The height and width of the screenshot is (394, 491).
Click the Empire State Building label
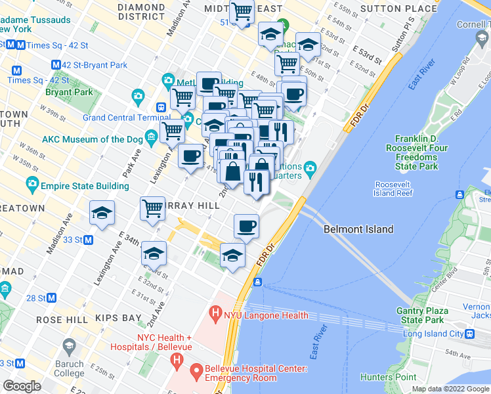(x=85, y=186)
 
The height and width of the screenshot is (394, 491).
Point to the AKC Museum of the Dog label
(x=92, y=139)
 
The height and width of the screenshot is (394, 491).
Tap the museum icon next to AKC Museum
(x=152, y=137)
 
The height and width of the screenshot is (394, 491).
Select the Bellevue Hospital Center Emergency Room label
(x=256, y=372)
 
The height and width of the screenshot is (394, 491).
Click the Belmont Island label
(x=358, y=229)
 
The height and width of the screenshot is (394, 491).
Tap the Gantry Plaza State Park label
(x=422, y=315)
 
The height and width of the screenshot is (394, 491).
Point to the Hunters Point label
(x=388, y=377)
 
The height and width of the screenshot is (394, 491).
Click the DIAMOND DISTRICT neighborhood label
(x=141, y=12)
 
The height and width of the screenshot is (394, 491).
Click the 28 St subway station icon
(x=51, y=298)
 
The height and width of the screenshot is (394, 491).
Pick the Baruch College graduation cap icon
(x=68, y=345)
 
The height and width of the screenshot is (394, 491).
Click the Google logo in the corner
(x=22, y=386)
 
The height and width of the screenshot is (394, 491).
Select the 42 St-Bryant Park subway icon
(x=55, y=65)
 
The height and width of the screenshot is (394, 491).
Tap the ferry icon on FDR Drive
(x=258, y=282)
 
